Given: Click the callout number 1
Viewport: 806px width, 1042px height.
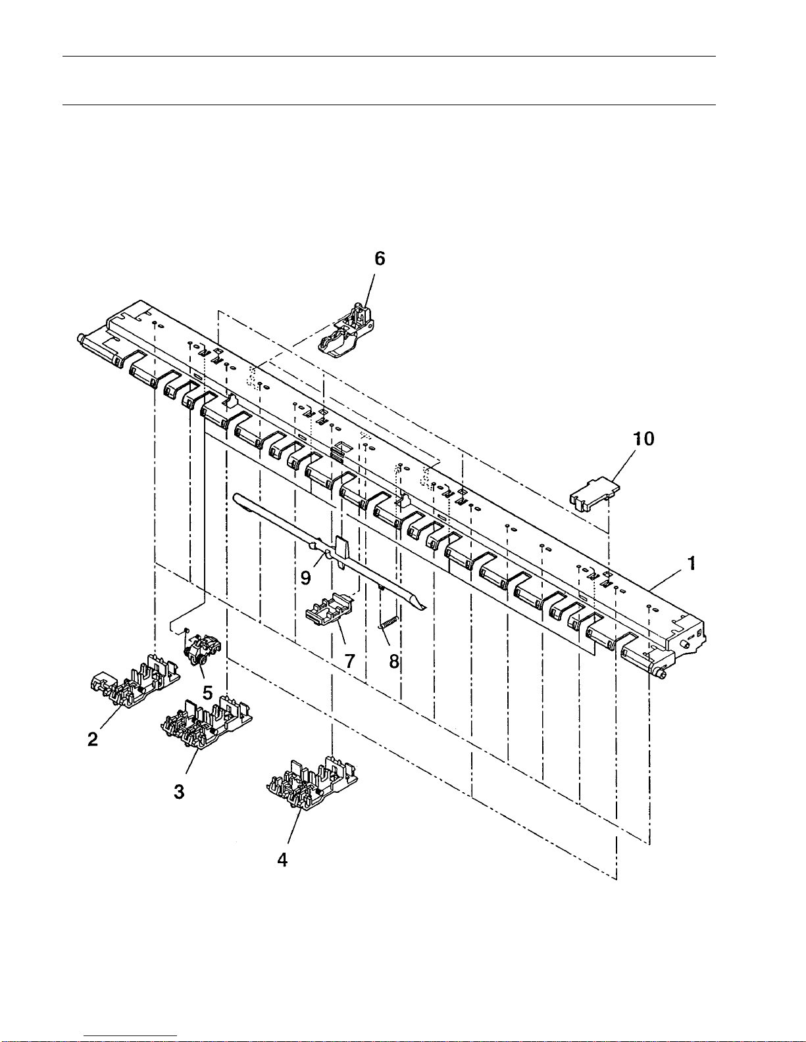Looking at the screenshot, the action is click(x=692, y=563).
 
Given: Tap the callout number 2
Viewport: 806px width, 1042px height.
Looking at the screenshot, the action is click(x=93, y=739).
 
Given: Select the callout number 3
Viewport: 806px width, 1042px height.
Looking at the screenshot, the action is click(x=179, y=792).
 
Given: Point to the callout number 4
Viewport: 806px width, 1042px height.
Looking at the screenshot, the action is click(x=282, y=860).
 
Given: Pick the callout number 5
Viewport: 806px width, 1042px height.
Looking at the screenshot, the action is click(x=208, y=692).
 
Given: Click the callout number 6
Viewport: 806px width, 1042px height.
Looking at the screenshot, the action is click(x=380, y=258).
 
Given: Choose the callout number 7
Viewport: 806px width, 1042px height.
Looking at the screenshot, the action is click(x=350, y=661).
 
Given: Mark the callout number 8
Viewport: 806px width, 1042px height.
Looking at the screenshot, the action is click(x=394, y=662).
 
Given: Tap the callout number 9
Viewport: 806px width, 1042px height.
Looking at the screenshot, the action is click(x=305, y=578).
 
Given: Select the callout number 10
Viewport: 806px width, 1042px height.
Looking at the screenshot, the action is click(x=644, y=438).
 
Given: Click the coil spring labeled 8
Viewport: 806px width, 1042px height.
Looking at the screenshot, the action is click(x=389, y=622).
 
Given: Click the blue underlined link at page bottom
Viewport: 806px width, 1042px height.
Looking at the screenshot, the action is click(x=130, y=1036).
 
